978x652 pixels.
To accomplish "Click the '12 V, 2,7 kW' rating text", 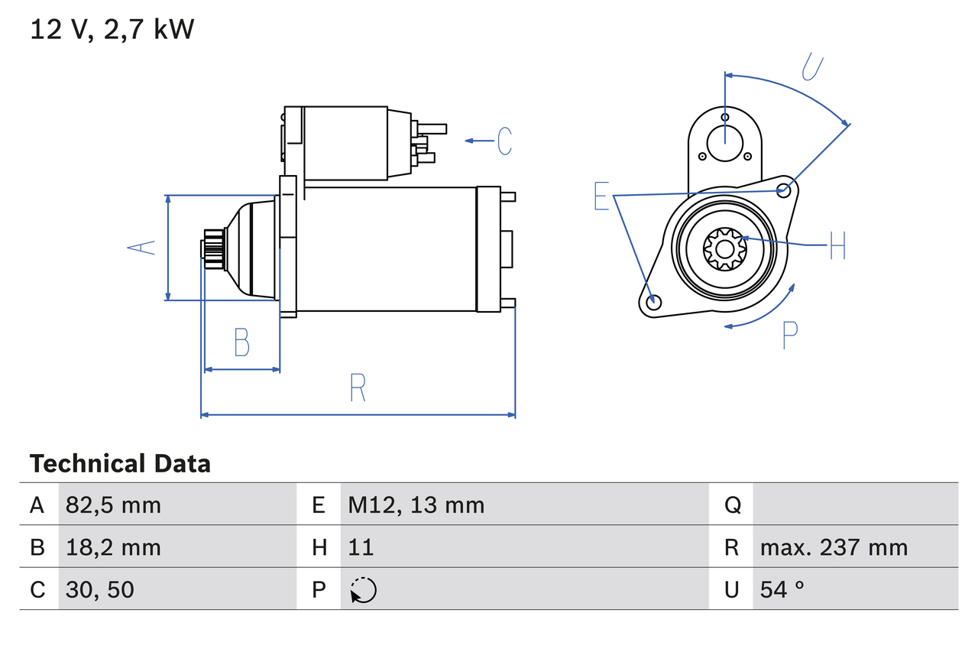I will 112,30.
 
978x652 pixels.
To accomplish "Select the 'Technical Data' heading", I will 120,464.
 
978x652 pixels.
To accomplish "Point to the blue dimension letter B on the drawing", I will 241,342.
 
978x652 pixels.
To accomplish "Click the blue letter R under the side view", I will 358,388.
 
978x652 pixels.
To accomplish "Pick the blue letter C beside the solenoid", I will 504,141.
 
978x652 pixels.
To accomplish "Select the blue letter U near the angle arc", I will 812,66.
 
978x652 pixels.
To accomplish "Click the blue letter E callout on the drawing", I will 602,196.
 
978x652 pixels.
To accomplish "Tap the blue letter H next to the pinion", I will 837,245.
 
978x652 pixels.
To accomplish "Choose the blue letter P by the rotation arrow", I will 789,334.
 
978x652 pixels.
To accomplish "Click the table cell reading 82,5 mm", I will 113,504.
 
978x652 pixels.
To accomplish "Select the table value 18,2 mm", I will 113,547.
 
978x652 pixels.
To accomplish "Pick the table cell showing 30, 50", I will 99,589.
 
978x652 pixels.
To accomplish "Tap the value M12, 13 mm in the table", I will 416,504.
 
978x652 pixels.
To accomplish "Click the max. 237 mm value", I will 834,547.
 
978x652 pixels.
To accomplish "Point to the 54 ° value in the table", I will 782,589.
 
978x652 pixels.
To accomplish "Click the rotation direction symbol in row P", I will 363,590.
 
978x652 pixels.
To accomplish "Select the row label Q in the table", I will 732,504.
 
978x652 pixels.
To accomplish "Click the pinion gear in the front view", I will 723,248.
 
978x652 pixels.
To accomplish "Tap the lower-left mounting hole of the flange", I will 653,302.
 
